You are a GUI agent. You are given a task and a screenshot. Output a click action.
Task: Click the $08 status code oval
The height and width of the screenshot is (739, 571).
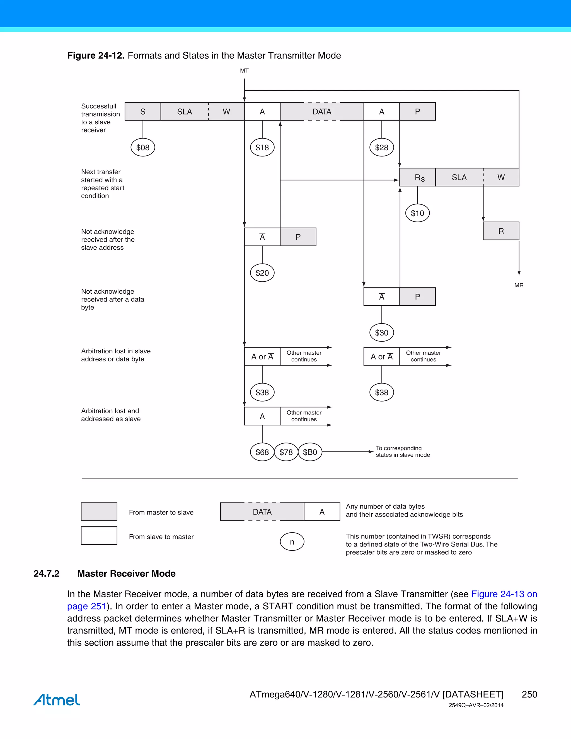(143, 147)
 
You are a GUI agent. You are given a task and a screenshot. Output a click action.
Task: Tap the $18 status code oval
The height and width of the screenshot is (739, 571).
(262, 147)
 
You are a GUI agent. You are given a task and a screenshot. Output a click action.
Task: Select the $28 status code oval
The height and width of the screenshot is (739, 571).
(382, 147)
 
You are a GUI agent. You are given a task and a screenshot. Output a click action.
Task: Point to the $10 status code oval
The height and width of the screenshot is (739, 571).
(417, 213)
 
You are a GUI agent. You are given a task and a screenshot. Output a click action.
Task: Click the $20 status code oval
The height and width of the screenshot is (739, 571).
(262, 273)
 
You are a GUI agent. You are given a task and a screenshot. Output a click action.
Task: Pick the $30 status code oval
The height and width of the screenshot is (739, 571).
(382, 333)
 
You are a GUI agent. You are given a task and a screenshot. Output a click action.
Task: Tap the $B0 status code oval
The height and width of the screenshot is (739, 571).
(310, 452)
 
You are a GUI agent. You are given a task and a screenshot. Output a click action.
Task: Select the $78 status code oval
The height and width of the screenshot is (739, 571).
(286, 452)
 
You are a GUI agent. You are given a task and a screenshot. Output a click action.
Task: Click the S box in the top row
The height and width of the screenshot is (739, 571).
(143, 111)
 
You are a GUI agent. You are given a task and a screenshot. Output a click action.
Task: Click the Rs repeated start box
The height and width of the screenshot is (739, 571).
(417, 177)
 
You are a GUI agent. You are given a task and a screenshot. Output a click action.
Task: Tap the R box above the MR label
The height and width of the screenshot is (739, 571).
(501, 231)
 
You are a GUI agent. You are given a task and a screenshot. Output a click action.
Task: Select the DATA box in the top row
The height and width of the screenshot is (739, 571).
(322, 111)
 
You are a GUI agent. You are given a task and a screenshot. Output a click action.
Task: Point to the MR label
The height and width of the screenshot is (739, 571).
(519, 285)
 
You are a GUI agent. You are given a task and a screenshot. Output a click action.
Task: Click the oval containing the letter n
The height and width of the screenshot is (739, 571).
(292, 542)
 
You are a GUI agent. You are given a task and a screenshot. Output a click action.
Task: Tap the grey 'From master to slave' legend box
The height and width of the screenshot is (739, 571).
(99, 512)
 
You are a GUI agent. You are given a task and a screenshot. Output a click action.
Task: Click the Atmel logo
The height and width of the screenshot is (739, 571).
(57, 699)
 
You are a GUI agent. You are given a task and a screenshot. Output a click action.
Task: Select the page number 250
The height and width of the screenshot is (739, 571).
(529, 694)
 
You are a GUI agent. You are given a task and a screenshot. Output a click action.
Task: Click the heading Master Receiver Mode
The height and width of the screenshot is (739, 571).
(126, 574)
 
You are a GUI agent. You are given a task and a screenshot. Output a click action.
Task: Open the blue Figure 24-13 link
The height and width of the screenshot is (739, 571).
(504, 594)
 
